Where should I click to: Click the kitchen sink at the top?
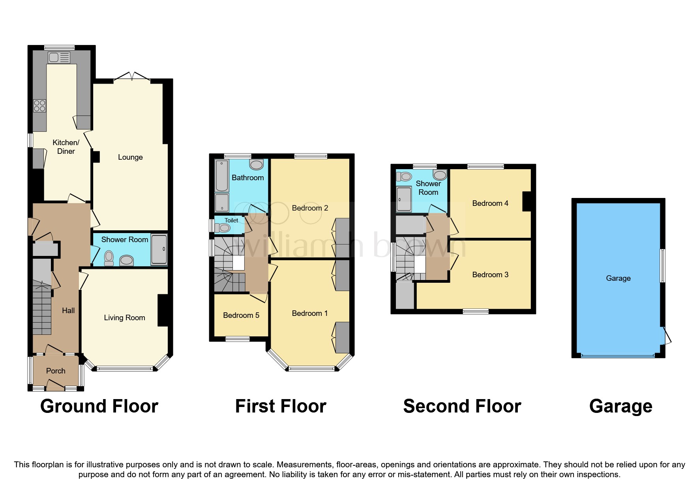pyautogui.click(x=59, y=58)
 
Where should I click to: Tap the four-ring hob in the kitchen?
pyautogui.click(x=39, y=106)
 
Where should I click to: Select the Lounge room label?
pyautogui.click(x=130, y=157)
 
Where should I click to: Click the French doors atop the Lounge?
pyautogui.click(x=132, y=76)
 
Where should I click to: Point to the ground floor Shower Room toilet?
pyautogui.click(x=109, y=258)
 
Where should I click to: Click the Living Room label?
pyautogui.click(x=124, y=317)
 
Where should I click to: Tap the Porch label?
pyautogui.click(x=56, y=371)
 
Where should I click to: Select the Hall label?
pyautogui.click(x=68, y=310)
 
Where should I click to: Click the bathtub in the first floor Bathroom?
pyautogui.click(x=222, y=175)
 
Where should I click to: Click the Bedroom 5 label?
pyautogui.click(x=241, y=315)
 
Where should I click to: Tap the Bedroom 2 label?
pyautogui.click(x=310, y=208)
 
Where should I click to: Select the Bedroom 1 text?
pyautogui.click(x=309, y=313)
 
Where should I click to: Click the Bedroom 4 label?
pyautogui.click(x=490, y=203)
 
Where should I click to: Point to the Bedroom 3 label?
pyautogui.click(x=490, y=274)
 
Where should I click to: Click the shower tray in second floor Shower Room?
pyautogui.click(x=404, y=199)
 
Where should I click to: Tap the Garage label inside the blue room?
pyautogui.click(x=618, y=278)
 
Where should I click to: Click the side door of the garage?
pyautogui.click(x=667, y=336)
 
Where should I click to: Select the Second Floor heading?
pyautogui.click(x=462, y=406)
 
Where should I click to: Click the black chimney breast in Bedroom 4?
pyautogui.click(x=527, y=201)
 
